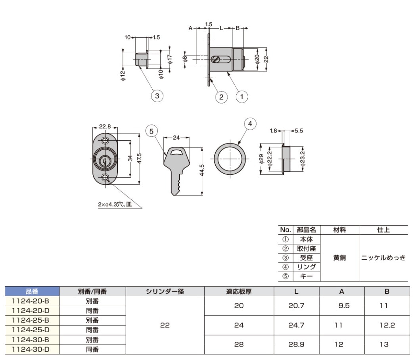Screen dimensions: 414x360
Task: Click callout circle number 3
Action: [x=157, y=96]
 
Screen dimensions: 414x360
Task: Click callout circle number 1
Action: [x=241, y=97]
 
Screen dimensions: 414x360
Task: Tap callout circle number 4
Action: [x=250, y=124]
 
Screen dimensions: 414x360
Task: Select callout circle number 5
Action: [x=151, y=131]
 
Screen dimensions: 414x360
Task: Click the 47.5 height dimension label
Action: [x=140, y=158]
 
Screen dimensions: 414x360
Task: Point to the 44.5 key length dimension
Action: [x=202, y=170]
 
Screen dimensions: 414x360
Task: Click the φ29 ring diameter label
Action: [x=261, y=159]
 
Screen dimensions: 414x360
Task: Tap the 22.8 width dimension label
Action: [x=105, y=126]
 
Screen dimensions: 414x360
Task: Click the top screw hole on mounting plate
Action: [x=105, y=140]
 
